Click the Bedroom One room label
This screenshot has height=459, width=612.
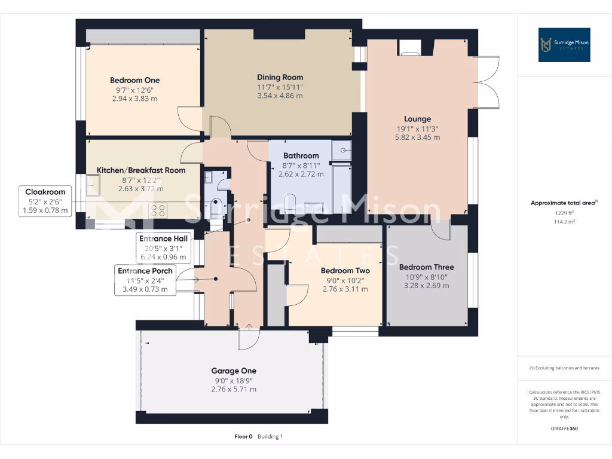(134, 80)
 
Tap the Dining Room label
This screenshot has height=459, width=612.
(280, 77)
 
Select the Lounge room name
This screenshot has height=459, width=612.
(417, 119)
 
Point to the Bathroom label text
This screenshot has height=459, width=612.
(301, 155)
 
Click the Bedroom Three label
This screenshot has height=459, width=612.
(426, 267)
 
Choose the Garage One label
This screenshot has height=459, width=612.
(234, 371)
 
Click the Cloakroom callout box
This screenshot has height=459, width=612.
(45, 201)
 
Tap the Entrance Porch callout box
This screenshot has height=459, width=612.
(145, 280)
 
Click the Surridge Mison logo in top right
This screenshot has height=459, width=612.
(564, 45)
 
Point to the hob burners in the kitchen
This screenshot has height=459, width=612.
(158, 210)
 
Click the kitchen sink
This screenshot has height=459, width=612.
(94, 188)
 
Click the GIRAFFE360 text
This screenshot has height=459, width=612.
(564, 429)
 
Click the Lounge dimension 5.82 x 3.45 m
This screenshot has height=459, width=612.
(417, 137)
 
